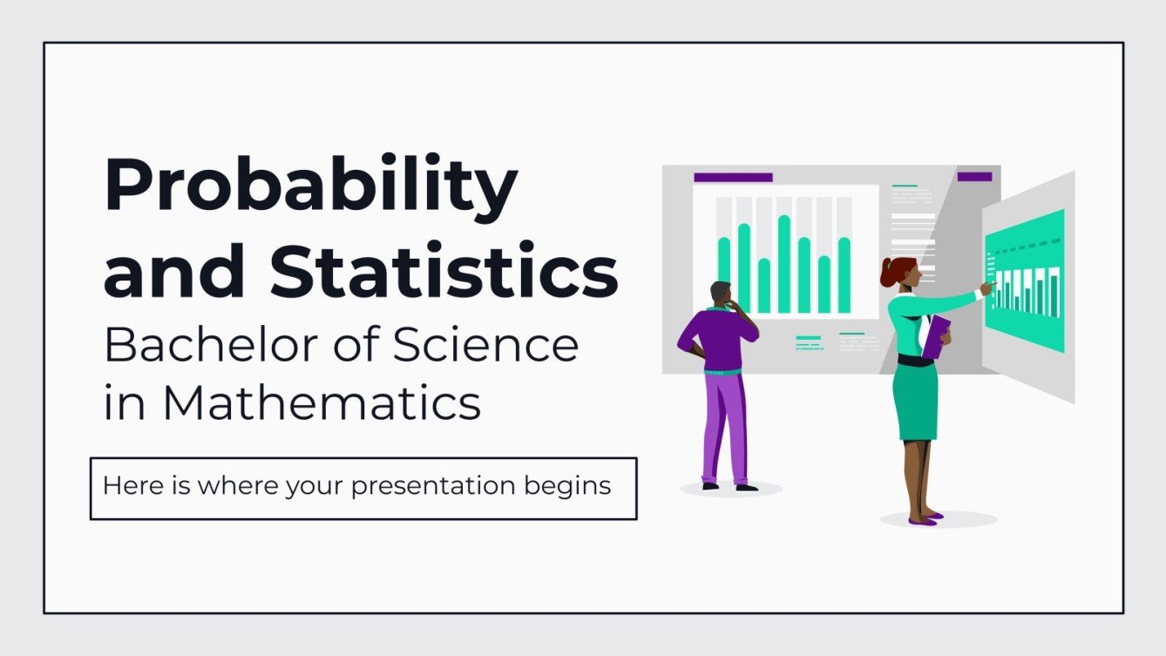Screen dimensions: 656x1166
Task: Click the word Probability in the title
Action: (x=310, y=187)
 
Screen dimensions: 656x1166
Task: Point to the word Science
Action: (x=485, y=346)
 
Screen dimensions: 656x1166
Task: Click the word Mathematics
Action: (x=321, y=403)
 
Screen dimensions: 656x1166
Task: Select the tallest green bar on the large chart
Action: (x=783, y=264)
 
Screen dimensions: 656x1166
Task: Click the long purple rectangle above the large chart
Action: (x=733, y=177)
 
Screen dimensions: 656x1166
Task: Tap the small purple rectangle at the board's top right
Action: (x=974, y=176)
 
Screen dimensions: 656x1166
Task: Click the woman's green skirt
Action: (x=915, y=401)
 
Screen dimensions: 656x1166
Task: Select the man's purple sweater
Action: (x=719, y=341)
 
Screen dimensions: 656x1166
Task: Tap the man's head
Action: (x=722, y=294)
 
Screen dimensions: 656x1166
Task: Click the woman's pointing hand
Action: (x=987, y=287)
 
